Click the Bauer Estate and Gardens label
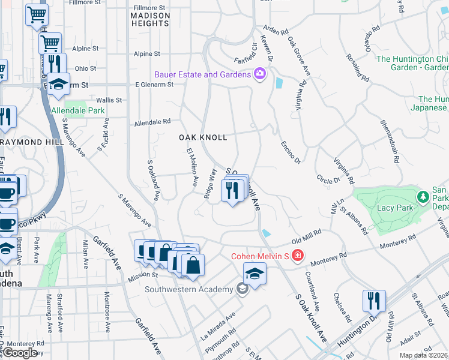click(x=202, y=75)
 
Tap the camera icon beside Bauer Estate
click(x=260, y=74)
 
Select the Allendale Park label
click(x=78, y=111)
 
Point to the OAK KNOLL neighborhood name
click(x=203, y=137)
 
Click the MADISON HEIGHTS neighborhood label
click(x=150, y=19)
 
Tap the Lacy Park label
click(x=394, y=208)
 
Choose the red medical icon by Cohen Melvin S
click(x=298, y=257)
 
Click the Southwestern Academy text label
click(x=188, y=289)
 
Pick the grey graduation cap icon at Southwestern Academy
click(x=241, y=290)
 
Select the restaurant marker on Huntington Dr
click(x=374, y=301)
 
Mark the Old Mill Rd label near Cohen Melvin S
click(x=307, y=235)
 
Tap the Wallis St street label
click(x=109, y=100)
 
